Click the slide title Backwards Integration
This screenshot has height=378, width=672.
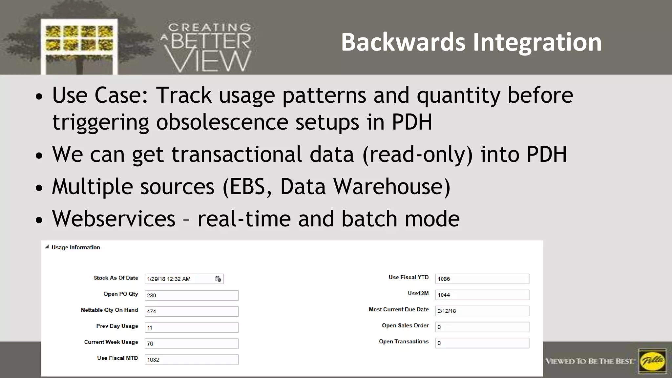471,42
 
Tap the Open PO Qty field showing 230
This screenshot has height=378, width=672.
191,295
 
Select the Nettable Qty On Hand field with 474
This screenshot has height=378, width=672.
191,311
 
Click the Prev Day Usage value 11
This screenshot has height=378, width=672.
191,327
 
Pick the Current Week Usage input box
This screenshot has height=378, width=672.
191,344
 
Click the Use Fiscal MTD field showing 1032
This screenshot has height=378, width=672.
191,360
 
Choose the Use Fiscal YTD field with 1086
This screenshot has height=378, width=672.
482,279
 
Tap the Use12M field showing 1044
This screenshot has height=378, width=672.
482,295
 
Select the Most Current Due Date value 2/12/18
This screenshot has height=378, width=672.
482,311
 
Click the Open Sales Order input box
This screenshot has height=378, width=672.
482,327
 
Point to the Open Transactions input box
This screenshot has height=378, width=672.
482,343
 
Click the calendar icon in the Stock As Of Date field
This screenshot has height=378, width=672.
218,279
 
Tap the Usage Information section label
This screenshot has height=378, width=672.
76,247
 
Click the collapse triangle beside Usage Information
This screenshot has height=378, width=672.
47,247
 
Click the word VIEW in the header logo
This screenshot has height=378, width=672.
208,61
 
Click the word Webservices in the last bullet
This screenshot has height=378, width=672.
114,219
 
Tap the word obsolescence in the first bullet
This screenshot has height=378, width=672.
222,122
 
